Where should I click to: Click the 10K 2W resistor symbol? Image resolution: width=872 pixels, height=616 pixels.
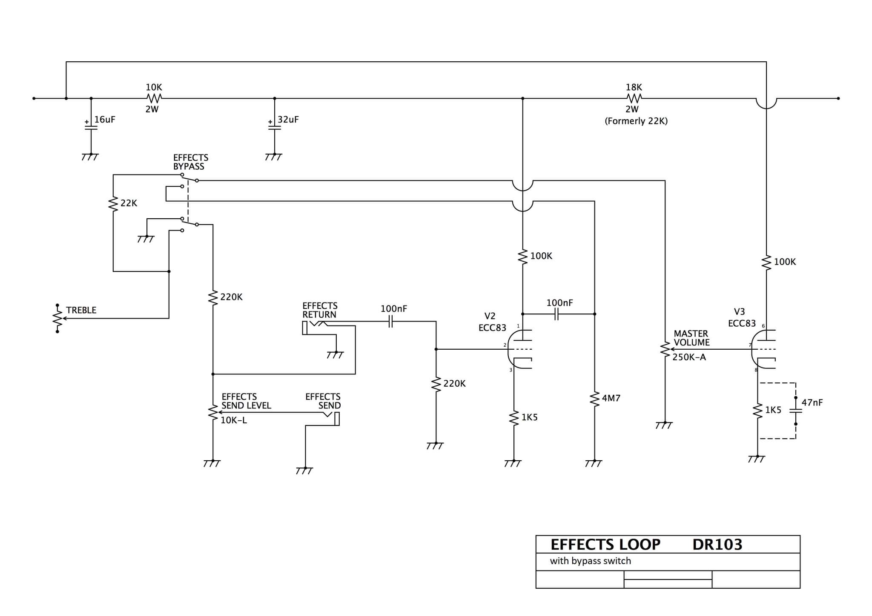(x=154, y=98)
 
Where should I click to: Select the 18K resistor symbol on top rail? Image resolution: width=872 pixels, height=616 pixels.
(x=634, y=98)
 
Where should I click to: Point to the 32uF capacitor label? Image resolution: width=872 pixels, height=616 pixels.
(x=288, y=120)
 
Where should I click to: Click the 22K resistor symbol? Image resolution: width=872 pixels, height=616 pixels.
(x=113, y=203)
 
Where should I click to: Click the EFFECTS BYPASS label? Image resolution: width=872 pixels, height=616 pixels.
(x=190, y=162)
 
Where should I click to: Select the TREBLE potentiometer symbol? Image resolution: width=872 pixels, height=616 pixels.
(x=57, y=318)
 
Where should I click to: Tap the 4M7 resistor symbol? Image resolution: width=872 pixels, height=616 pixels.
(x=594, y=399)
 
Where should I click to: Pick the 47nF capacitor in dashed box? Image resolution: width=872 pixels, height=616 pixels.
(x=795, y=411)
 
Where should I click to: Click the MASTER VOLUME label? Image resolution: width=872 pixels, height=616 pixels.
(x=691, y=338)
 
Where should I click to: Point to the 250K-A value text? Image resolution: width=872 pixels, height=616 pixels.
(x=689, y=357)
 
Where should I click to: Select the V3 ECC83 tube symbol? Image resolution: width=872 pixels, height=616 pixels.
(x=763, y=349)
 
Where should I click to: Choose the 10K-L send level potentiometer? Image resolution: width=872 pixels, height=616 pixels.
(x=212, y=412)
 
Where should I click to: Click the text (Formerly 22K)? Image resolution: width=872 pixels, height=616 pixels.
(x=636, y=121)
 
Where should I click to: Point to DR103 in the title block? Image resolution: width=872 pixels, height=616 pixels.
(x=717, y=545)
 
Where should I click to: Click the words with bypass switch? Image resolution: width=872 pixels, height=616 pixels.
(x=590, y=561)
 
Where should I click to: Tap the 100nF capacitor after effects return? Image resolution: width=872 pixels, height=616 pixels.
(x=390, y=322)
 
